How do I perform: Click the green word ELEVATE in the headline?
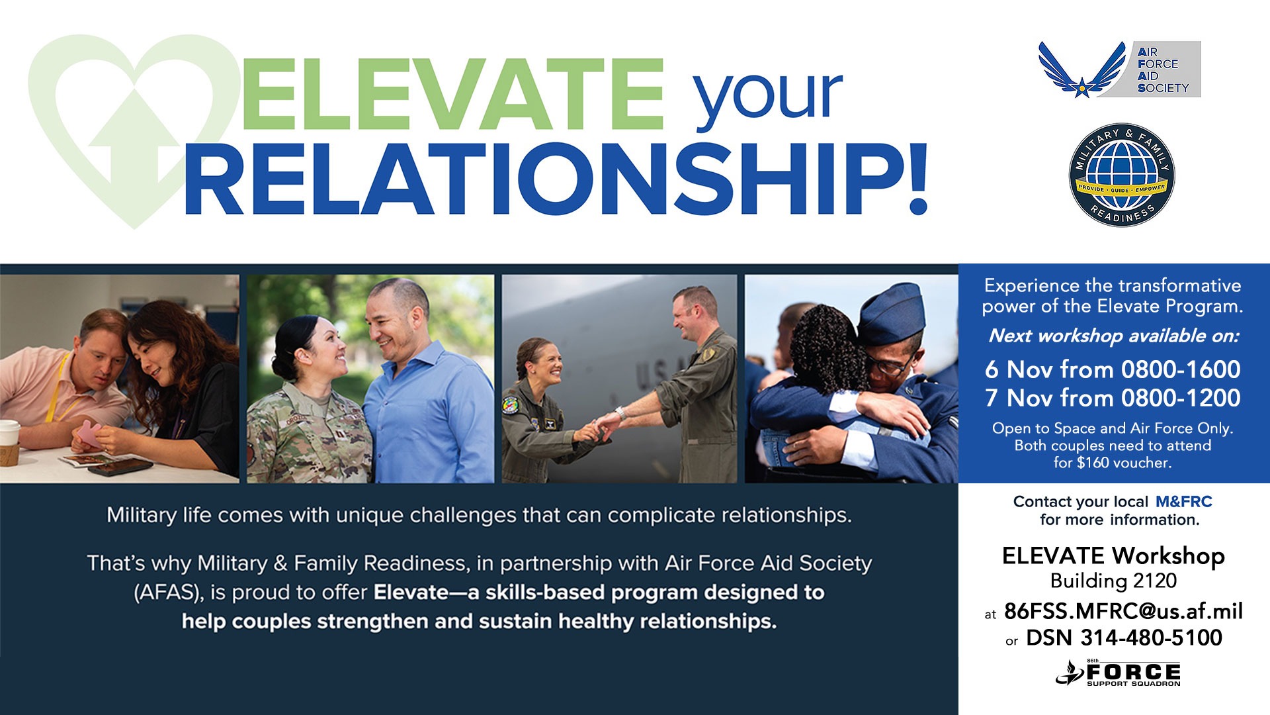(452, 94)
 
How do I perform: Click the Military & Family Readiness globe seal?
(1122, 175)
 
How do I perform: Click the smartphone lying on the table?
(121, 467)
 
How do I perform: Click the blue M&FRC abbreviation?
(1184, 502)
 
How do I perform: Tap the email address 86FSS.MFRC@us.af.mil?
(1123, 610)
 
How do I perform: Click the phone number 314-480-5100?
(1151, 638)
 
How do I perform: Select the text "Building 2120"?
(1113, 581)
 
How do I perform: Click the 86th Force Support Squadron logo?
(1118, 673)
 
